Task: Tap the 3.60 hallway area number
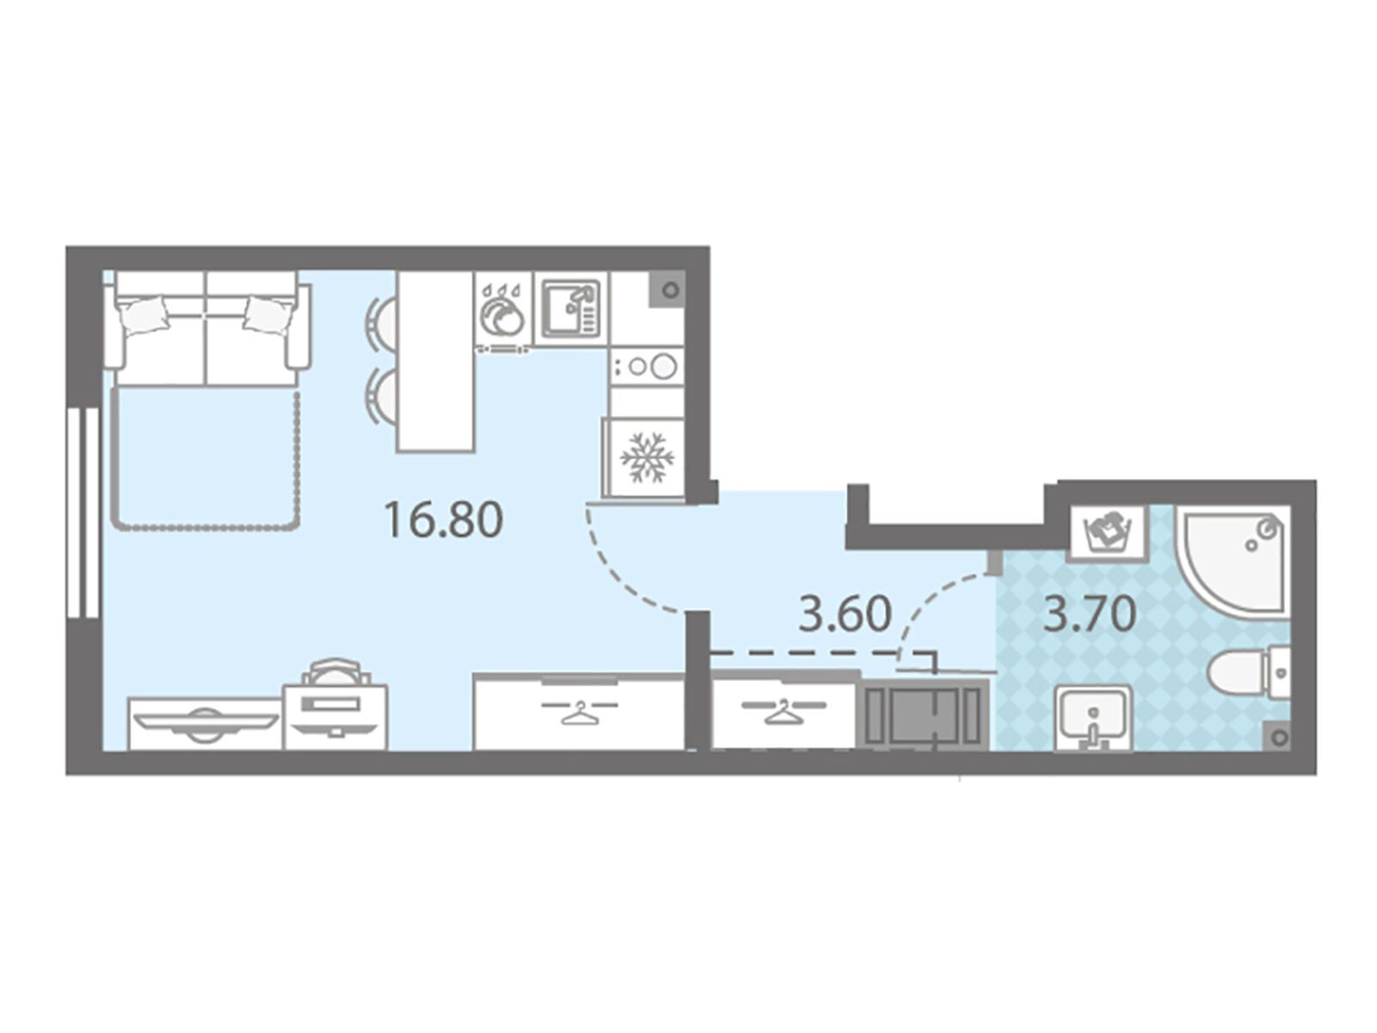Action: pyautogui.click(x=844, y=614)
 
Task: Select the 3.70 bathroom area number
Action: pyautogui.click(x=1089, y=614)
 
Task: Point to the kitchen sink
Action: pyautogui.click(x=571, y=308)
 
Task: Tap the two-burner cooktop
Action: pyautogui.click(x=645, y=365)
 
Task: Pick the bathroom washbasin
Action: pyautogui.click(x=1092, y=717)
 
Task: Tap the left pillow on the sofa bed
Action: pyautogui.click(x=145, y=313)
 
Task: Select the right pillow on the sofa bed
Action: pyautogui.click(x=268, y=313)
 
